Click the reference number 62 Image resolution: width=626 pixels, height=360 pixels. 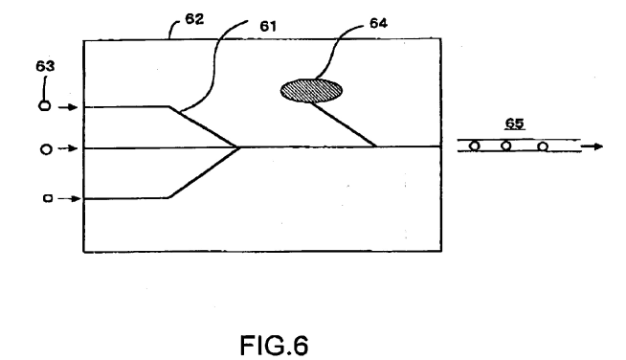(x=194, y=19)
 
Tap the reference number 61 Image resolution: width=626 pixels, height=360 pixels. (x=268, y=26)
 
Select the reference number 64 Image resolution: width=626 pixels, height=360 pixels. (x=378, y=23)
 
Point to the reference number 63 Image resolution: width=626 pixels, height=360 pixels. (x=45, y=66)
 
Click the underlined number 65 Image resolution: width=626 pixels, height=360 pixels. (x=514, y=124)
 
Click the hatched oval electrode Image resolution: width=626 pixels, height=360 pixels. (x=311, y=91)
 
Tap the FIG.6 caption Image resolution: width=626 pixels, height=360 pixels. (x=274, y=345)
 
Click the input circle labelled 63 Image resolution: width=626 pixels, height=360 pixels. (x=45, y=106)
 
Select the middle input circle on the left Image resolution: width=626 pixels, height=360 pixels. (x=46, y=149)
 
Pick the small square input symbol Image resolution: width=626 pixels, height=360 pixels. (x=48, y=198)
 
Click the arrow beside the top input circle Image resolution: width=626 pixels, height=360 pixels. (x=68, y=107)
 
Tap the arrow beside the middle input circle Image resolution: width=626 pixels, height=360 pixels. (x=68, y=148)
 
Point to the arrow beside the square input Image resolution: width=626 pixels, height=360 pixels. (x=69, y=198)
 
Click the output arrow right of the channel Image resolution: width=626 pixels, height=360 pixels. (x=592, y=146)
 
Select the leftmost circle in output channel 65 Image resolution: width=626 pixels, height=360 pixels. (x=475, y=146)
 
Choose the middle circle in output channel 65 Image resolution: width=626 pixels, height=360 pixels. (x=505, y=146)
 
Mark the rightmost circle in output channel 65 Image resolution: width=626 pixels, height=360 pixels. (x=542, y=146)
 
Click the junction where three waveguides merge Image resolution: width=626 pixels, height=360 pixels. (x=238, y=147)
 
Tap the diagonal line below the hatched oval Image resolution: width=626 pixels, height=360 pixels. (x=343, y=124)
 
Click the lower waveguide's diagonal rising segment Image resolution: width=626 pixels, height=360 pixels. (x=204, y=172)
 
